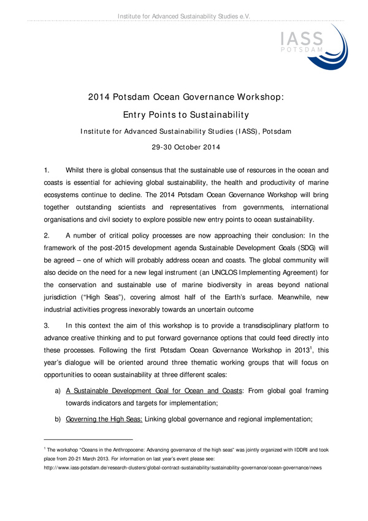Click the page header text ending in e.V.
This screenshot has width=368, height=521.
[183, 14]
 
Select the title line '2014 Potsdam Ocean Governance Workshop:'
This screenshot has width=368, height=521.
[183, 96]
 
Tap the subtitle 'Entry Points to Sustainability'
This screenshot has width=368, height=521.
[183, 114]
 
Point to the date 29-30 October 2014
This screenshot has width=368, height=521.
[183, 147]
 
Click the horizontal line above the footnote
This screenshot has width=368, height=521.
[88, 440]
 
